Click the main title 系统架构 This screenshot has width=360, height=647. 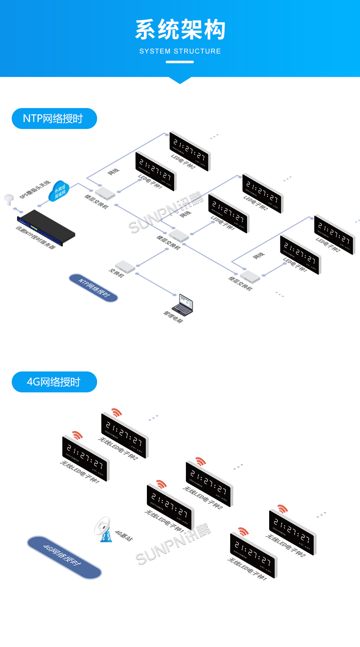point(180,30)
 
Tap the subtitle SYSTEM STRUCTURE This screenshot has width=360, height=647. point(180,51)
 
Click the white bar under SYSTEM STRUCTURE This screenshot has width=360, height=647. point(180,62)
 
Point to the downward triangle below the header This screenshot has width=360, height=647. point(180,80)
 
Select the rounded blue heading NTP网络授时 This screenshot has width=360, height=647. point(54,119)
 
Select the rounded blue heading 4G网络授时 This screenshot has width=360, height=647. point(54,382)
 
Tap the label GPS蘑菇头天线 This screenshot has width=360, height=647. point(35,189)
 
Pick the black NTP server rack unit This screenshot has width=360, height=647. point(46,227)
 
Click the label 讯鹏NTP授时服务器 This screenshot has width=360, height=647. point(36,237)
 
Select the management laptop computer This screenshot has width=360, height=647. point(183,305)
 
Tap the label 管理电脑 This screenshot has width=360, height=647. point(173,317)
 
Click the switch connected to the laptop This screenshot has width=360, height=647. point(125,267)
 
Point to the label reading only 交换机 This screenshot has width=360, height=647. point(116,273)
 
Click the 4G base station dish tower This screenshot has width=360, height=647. point(104,529)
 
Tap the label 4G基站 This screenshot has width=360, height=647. point(123,536)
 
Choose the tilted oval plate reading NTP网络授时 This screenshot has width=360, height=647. point(93,288)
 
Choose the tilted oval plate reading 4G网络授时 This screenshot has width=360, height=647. point(64,557)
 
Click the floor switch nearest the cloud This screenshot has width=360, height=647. point(105,193)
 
